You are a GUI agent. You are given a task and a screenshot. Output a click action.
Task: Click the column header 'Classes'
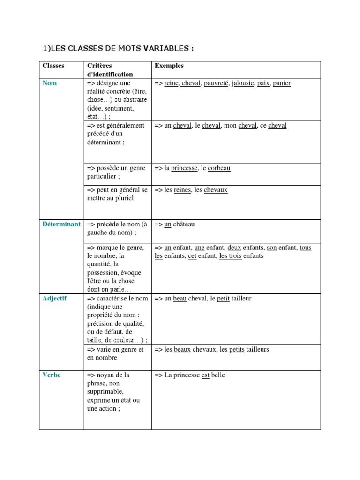tap(53, 66)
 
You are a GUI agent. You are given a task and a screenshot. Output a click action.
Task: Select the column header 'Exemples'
tap(169, 66)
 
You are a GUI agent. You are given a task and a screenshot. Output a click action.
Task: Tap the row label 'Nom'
tap(49, 83)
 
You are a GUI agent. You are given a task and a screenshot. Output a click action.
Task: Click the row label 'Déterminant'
tap(61, 225)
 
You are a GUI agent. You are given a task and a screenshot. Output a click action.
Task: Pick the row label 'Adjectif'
tap(54, 299)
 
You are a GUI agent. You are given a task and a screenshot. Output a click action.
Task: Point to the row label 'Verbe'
tap(51, 375)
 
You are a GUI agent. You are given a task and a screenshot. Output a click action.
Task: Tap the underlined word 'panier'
tap(281, 83)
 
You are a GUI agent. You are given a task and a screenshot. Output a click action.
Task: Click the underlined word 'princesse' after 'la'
tap(184, 168)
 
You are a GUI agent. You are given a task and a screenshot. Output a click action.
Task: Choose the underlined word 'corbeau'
tap(219, 168)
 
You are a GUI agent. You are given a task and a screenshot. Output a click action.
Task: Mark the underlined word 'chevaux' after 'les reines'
tap(216, 190)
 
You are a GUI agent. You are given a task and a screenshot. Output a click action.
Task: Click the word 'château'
tap(184, 225)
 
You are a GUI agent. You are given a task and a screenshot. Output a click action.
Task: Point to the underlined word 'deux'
tap(234, 247)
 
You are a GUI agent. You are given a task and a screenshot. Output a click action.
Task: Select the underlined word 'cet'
tap(192, 256)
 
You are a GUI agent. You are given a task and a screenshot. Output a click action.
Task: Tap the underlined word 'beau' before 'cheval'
tap(180, 299)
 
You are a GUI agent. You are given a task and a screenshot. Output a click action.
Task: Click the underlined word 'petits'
tap(237, 350)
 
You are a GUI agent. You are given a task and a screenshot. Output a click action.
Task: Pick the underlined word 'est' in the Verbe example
tap(205, 375)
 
